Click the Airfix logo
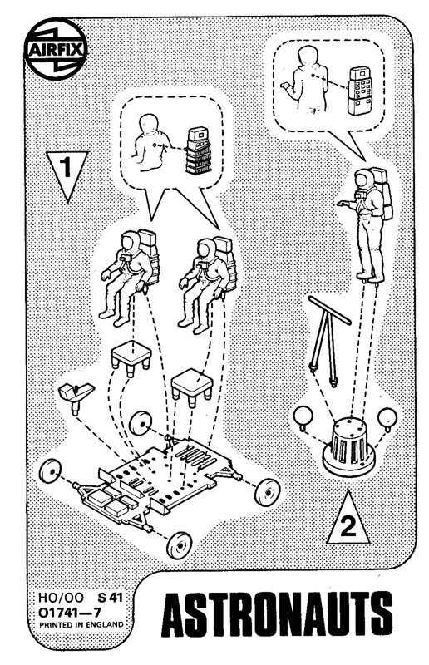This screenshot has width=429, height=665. pos(56,50)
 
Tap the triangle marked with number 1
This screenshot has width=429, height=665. pos(67,172)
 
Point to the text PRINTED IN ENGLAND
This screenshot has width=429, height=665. pos(81,625)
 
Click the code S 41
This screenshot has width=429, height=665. pos(110,598)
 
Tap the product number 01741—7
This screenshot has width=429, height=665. pos(70,613)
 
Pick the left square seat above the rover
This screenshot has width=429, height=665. pos(131,357)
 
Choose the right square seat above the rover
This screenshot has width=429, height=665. pos(192,386)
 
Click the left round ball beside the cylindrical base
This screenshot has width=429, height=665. pos(303,417)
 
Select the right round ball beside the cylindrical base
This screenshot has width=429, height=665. pos(387,418)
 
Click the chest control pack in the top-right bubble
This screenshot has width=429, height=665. pos(360,91)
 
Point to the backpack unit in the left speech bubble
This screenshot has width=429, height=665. pos(199,150)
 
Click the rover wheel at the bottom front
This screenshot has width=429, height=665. pos(179,544)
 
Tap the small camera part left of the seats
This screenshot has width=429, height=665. pos(76,394)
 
